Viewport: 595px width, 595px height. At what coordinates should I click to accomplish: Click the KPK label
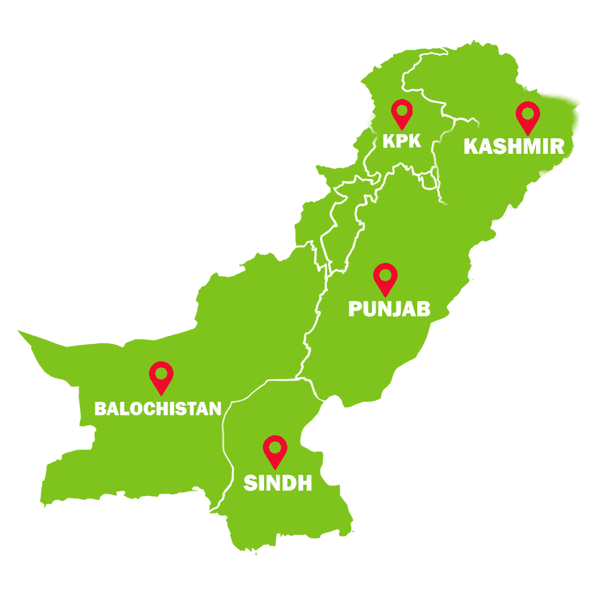click(x=402, y=141)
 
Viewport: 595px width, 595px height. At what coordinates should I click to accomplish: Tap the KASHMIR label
click(x=514, y=146)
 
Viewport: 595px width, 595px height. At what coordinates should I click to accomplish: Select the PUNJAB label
click(x=389, y=309)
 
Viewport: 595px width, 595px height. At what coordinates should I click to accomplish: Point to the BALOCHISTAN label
click(x=158, y=408)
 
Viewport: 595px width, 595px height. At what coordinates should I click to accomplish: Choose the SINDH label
click(x=278, y=483)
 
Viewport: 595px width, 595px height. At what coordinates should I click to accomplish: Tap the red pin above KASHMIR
click(x=527, y=115)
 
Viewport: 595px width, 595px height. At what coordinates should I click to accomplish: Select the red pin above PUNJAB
click(x=385, y=278)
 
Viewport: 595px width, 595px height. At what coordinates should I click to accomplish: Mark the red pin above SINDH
click(x=275, y=450)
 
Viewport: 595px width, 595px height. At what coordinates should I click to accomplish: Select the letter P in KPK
click(x=402, y=141)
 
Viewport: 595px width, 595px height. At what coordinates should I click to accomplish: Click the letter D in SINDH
click(x=286, y=483)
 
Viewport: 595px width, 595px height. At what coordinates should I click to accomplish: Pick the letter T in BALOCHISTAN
click(x=193, y=408)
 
